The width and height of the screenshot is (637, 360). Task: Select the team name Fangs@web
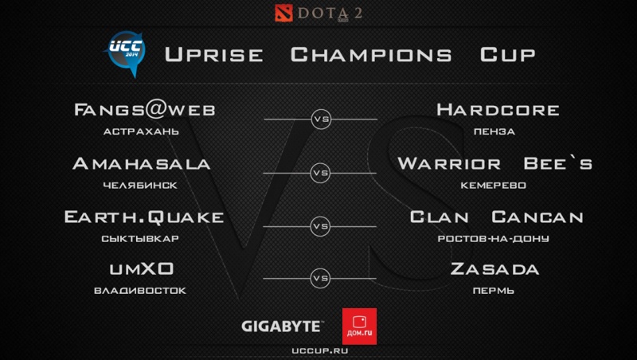[x=143, y=110]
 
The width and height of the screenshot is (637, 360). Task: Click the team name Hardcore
[x=498, y=110]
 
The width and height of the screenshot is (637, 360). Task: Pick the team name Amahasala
[x=141, y=164]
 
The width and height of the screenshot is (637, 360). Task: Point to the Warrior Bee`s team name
[x=494, y=164]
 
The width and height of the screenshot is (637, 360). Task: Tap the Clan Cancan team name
[x=497, y=217]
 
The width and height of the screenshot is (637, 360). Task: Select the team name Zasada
[x=494, y=269]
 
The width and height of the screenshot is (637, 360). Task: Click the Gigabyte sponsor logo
[x=282, y=326]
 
